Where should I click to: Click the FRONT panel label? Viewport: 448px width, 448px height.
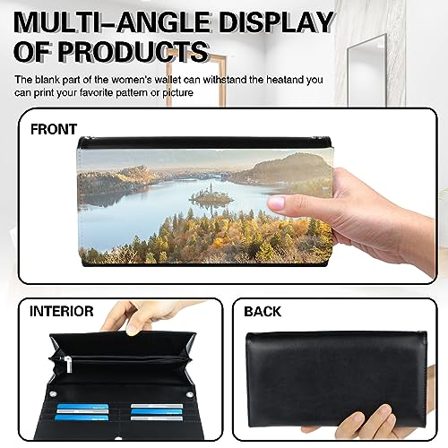click(x=54, y=128)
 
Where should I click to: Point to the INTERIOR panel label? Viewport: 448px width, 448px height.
click(x=62, y=312)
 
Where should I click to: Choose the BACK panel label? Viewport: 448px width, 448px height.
click(x=262, y=312)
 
